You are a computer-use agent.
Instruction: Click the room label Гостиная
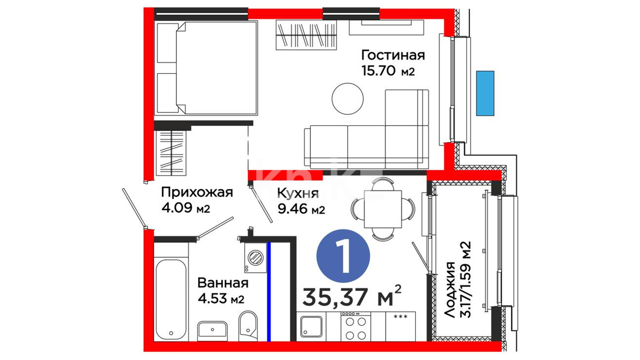pyautogui.click(x=393, y=55)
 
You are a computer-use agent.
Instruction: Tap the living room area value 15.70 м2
pyautogui.click(x=388, y=71)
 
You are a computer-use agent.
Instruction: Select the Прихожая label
pyautogui.click(x=197, y=192)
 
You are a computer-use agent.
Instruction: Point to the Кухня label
pyautogui.click(x=298, y=193)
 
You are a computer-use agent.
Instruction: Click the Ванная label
pyautogui.click(x=223, y=283)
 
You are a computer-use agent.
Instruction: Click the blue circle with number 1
pyautogui.click(x=343, y=256)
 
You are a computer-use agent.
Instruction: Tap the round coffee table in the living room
pyautogui.click(x=348, y=99)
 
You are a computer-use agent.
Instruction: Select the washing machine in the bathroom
pyautogui.click(x=256, y=258)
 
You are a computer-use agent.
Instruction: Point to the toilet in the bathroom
pyautogui.click(x=248, y=326)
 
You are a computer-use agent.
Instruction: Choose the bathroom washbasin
pyautogui.click(x=212, y=331)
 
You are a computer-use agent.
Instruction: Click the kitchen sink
pyautogui.click(x=311, y=326)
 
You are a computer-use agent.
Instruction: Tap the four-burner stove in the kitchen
pyautogui.click(x=356, y=326)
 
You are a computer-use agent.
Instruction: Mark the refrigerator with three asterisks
pyautogui.click(x=400, y=326)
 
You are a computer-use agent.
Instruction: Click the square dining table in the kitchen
pyautogui.click(x=383, y=209)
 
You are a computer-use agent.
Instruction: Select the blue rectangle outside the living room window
pyautogui.click(x=485, y=93)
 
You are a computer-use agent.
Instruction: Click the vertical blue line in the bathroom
pyautogui.click(x=269, y=292)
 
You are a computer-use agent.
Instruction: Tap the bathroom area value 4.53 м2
pyautogui.click(x=221, y=298)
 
